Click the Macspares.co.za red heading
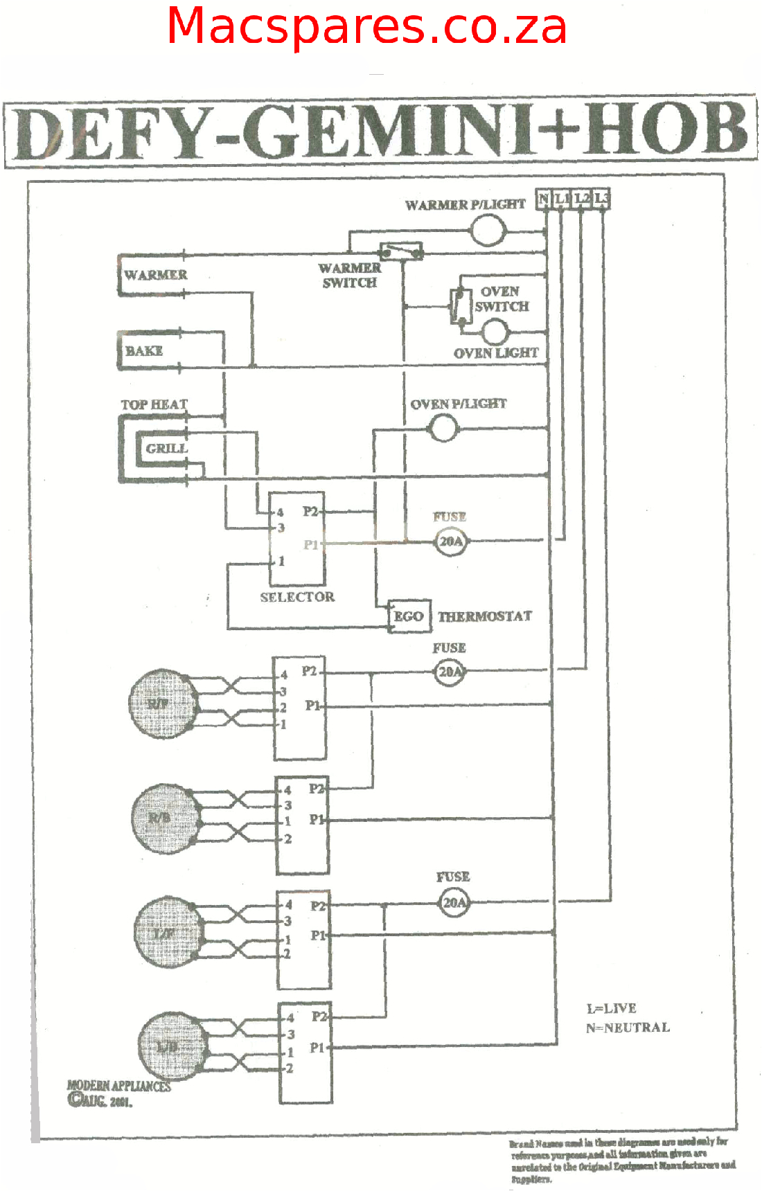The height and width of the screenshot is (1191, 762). tap(367, 26)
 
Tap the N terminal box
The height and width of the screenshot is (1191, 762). tap(544, 199)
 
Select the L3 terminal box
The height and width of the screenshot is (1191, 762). tap(601, 199)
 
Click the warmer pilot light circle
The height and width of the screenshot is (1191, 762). tap(488, 231)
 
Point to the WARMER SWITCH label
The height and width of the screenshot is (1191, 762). tap(350, 275)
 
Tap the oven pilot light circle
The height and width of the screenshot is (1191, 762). tap(443, 429)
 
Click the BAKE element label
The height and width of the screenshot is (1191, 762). tap(144, 351)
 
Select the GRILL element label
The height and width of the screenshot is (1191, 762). tap(166, 449)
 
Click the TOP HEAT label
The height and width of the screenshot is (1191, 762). tap(154, 404)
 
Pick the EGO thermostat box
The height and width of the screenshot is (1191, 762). tap(409, 616)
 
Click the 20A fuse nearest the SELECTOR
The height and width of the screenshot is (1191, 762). tap(451, 541)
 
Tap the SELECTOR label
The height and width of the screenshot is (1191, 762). tap(297, 597)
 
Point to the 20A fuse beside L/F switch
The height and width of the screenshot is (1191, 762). tap(454, 903)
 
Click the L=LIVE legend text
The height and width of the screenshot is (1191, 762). tap(611, 1008)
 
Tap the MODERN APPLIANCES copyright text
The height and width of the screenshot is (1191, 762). tap(118, 1086)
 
